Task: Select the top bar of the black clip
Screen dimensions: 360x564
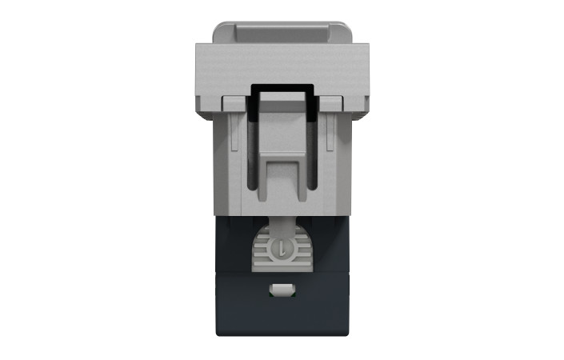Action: point(281,86)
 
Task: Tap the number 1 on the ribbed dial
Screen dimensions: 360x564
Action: point(281,250)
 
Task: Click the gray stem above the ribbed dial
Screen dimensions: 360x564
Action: point(281,225)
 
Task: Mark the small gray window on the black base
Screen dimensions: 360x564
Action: point(282,288)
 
